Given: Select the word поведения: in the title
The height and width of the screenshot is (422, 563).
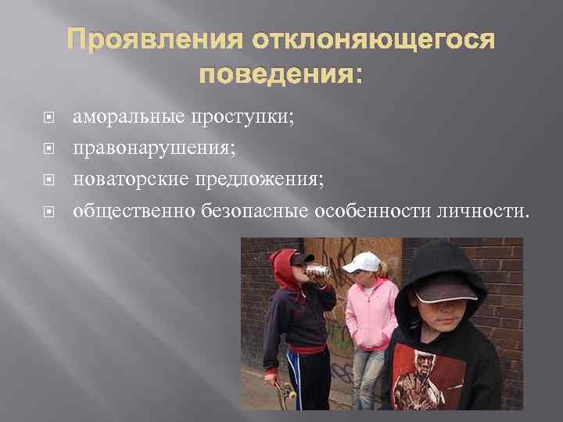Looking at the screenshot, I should [281, 75].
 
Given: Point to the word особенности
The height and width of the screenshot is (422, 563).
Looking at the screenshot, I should [368, 209].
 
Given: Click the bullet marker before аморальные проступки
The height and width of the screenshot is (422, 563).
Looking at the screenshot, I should [48, 119].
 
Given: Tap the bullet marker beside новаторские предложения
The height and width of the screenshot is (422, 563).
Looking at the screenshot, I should [48, 180].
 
